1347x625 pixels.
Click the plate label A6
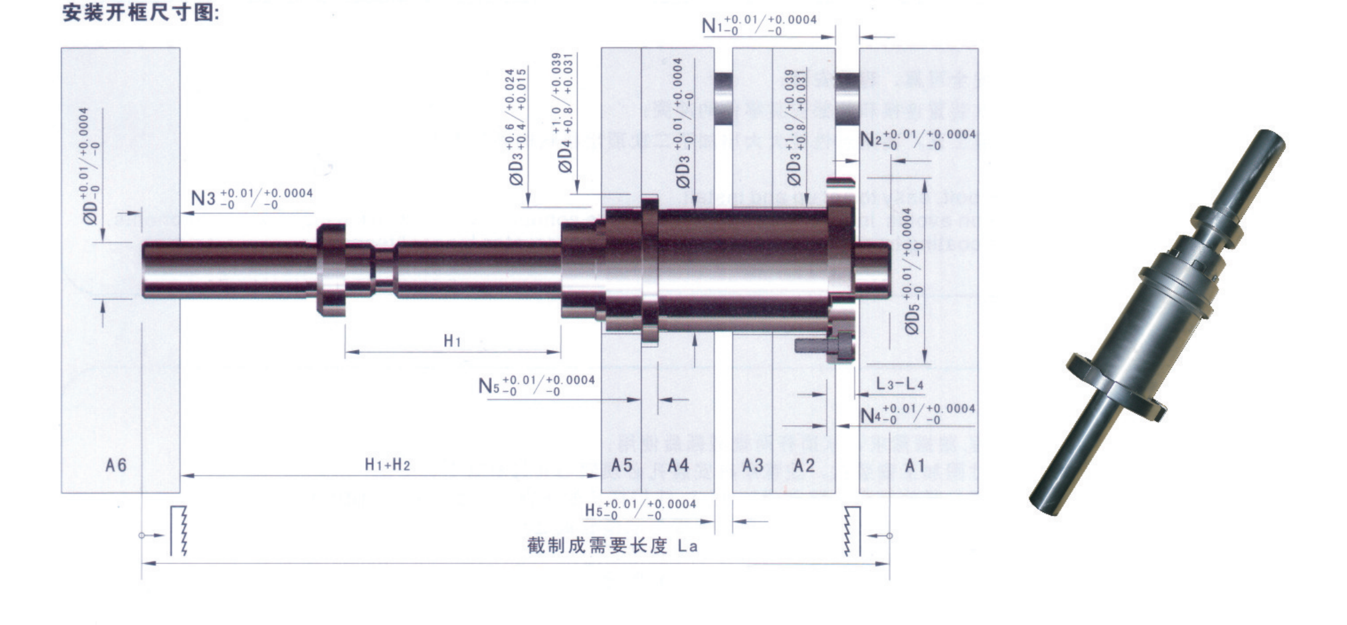[x=116, y=465]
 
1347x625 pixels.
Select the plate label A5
[x=621, y=465]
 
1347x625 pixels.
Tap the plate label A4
[x=678, y=465]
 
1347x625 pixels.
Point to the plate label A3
[x=752, y=465]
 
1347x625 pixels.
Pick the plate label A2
[x=803, y=465]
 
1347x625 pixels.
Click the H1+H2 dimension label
[x=388, y=464]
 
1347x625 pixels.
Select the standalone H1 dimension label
[x=452, y=340]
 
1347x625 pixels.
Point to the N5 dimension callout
[x=536, y=385]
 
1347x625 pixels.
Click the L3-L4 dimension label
[x=900, y=384]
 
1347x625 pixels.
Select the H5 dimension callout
[x=640, y=509]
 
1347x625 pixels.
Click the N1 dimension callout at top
[x=759, y=24]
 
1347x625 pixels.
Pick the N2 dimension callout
[x=918, y=139]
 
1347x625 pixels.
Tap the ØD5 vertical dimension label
[x=912, y=271]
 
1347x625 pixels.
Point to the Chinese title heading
[x=141, y=12]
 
